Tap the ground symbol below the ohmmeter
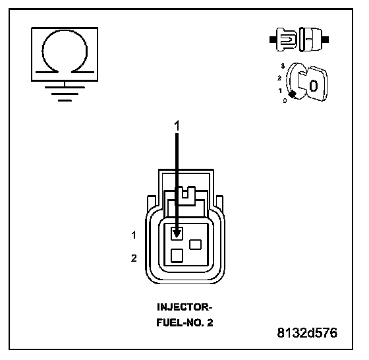click(x=65, y=94)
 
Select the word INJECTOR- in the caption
click(x=184, y=307)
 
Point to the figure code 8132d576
click(x=307, y=333)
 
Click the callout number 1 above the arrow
click(x=177, y=125)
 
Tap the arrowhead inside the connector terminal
click(x=177, y=233)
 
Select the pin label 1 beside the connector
click(x=134, y=235)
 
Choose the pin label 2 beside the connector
click(x=134, y=258)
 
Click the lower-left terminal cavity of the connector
click(x=177, y=255)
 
